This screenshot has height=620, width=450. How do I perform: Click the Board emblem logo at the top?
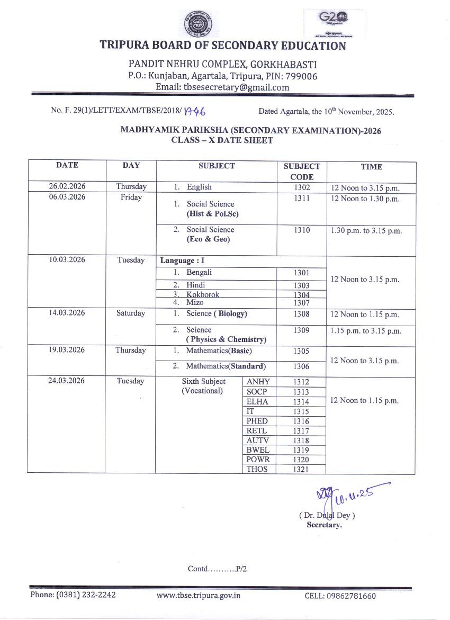196,25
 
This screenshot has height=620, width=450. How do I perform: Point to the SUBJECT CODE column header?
302,172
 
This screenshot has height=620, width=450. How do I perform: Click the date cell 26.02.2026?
67,186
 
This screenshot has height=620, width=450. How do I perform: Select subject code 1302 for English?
302,187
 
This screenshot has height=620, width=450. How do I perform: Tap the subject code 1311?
302,199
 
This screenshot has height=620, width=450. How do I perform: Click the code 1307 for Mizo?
302,303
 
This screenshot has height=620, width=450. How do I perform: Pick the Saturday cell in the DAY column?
130,313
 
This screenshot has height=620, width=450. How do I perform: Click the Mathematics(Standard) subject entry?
226,366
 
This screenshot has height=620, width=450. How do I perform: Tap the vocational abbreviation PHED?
257,421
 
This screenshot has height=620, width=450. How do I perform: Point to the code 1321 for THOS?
301,469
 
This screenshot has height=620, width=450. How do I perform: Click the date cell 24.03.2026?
67,381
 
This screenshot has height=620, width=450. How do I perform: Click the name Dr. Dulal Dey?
327,515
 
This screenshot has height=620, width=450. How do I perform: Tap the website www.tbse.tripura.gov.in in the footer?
199,595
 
